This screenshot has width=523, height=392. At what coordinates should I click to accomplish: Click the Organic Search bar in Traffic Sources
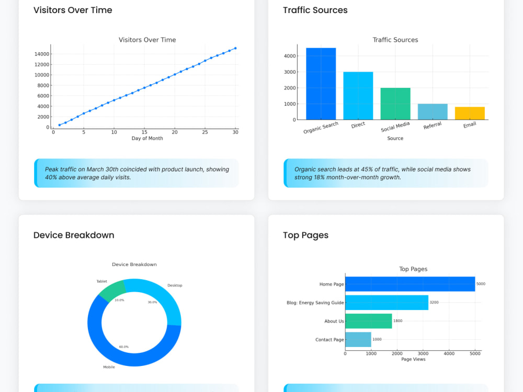321,84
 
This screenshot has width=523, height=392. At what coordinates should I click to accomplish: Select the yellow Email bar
470,113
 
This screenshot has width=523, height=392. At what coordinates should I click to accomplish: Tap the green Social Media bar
395,103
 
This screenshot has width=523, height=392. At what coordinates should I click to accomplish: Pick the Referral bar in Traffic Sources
433,112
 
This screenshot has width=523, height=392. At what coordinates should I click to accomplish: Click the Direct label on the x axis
358,125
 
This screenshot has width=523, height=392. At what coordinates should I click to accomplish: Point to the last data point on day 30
235,48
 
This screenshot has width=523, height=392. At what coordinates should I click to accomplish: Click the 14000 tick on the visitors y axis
42,54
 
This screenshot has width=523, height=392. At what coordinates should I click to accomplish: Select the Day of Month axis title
147,139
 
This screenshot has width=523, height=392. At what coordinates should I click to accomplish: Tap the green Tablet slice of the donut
112,290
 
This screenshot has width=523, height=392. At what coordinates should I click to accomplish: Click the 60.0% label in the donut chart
124,347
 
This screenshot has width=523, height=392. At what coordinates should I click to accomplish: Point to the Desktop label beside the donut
175,285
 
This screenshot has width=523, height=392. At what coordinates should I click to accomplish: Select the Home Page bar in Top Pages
410,284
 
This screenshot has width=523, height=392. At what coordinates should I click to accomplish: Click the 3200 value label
434,302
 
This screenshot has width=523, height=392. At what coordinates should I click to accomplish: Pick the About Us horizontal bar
369,321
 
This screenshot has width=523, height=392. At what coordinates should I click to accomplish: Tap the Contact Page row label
329,340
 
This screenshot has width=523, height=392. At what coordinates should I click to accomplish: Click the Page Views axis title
413,360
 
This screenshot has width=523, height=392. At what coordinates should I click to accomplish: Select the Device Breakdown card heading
74,235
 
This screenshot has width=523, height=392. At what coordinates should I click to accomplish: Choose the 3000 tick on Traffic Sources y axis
290,72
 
